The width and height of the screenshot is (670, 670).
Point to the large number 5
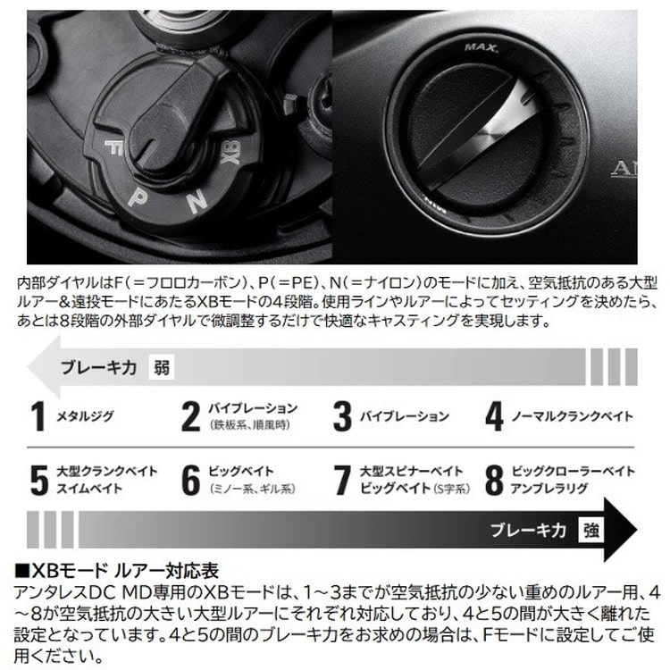pos(38,480)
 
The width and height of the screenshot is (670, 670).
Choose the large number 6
pos(190,480)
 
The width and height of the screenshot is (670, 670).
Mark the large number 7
pos(342,480)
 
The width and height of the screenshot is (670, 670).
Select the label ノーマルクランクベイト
pos(572,417)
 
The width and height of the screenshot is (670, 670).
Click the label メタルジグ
pos(86,417)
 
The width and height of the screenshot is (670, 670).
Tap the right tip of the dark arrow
pos(641,530)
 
